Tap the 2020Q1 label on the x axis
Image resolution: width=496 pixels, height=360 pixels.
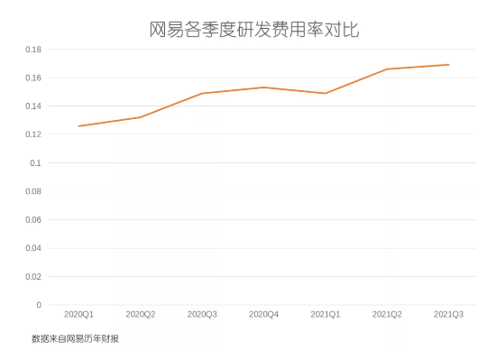(x=79, y=314)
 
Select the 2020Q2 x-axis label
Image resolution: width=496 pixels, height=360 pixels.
(x=141, y=314)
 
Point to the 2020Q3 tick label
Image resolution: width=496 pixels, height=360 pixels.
(x=202, y=314)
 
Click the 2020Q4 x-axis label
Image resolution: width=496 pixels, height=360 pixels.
(x=263, y=314)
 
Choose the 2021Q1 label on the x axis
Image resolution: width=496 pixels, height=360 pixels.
(x=326, y=314)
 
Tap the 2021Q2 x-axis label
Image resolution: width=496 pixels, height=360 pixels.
(x=387, y=314)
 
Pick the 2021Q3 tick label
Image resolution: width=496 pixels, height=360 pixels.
(x=448, y=314)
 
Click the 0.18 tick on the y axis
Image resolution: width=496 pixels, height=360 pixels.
(x=32, y=50)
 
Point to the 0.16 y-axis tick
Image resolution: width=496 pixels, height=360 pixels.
(x=32, y=78)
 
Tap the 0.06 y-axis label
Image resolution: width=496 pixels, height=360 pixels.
(x=32, y=220)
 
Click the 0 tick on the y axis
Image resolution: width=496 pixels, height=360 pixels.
(x=39, y=305)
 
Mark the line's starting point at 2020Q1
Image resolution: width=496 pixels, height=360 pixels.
(x=79, y=126)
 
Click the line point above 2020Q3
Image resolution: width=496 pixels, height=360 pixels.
(x=202, y=93)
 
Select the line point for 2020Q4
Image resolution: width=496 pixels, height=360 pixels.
(x=263, y=88)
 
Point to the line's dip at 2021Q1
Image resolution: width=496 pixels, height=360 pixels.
(x=326, y=93)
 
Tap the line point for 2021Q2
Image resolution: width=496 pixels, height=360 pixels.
(x=387, y=69)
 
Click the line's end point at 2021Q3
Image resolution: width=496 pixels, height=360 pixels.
(x=448, y=65)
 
